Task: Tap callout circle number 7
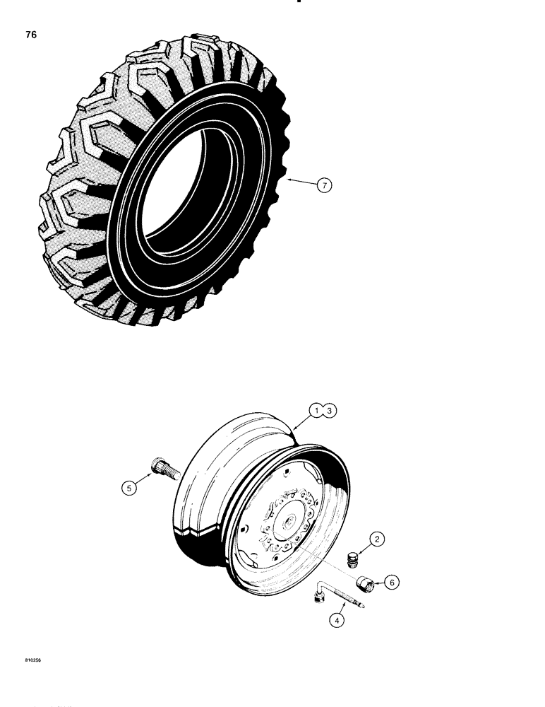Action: click(x=323, y=185)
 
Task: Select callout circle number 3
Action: click(x=330, y=410)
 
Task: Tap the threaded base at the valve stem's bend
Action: click(x=318, y=599)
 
